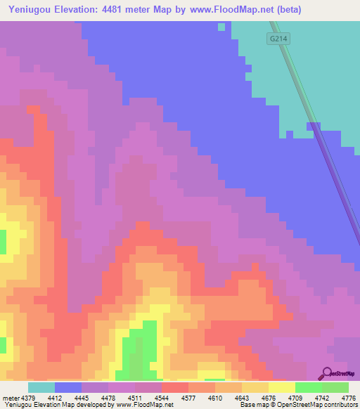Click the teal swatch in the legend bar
41,387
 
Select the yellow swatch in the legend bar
281,387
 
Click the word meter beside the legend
10,397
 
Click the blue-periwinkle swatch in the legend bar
68,387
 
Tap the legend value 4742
321,397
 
